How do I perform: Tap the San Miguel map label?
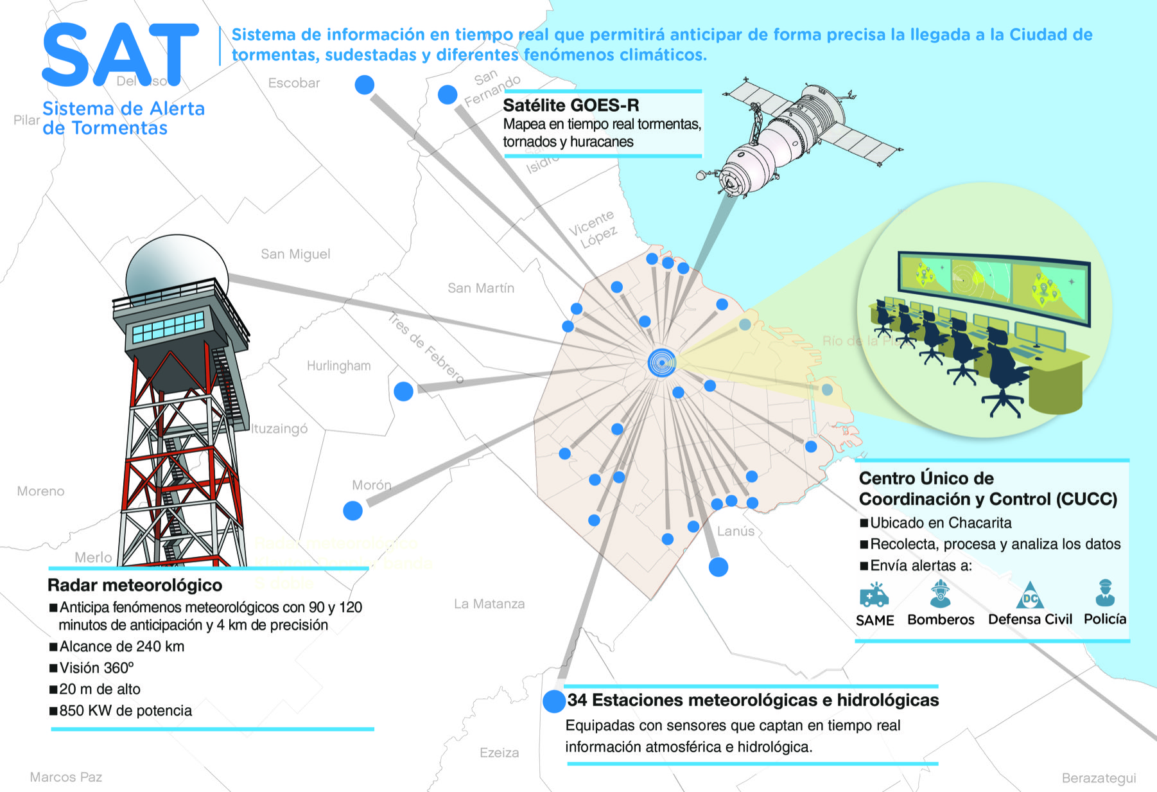click(295, 254)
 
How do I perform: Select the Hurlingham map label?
click(338, 366)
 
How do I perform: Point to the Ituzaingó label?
click(279, 428)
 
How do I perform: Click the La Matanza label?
click(489, 604)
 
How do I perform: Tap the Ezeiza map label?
click(499, 753)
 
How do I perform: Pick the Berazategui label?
click(1099, 778)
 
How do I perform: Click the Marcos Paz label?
click(65, 777)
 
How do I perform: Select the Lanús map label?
click(736, 531)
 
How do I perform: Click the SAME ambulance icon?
click(874, 595)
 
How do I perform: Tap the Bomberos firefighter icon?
click(940, 594)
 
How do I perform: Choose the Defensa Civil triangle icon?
click(1030, 597)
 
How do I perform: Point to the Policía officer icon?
click(1104, 594)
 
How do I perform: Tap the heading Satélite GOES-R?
click(571, 105)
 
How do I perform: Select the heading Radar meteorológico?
click(135, 585)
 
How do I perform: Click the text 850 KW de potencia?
click(125, 711)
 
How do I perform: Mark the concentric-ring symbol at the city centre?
click(662, 363)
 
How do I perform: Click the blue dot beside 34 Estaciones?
click(553, 701)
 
